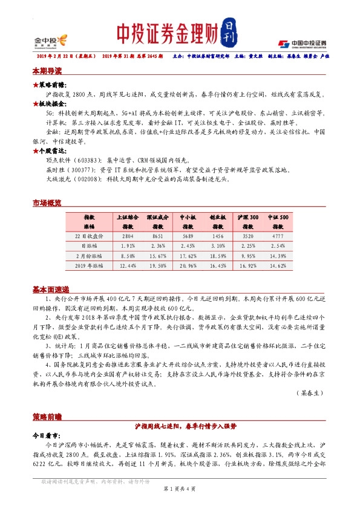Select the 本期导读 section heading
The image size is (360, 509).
tap(47, 71)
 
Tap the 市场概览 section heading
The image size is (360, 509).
tap(47, 203)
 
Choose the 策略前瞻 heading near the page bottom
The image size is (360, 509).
tap(47, 417)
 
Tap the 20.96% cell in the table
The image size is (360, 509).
tap(188, 265)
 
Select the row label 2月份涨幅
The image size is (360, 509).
tap(88, 256)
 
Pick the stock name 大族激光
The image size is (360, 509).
tap(59, 180)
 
